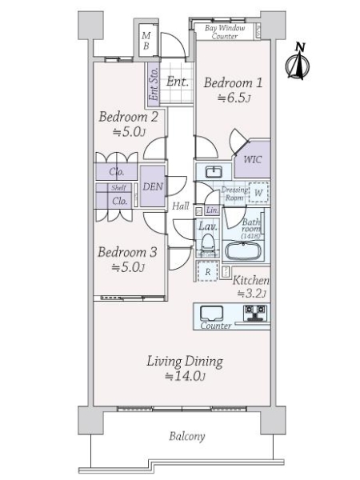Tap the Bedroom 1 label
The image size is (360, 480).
point(232,82)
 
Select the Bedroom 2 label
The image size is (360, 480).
point(127,117)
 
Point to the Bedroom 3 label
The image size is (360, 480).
point(127,252)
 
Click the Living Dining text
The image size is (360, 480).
point(184,361)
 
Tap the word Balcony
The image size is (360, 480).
point(186,437)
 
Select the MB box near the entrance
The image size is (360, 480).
point(146,41)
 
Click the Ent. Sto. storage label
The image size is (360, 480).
point(153,85)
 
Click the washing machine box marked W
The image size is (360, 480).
point(258,194)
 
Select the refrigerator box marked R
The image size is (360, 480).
point(209,272)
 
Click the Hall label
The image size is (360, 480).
point(181,206)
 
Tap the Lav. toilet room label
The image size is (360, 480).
point(206,227)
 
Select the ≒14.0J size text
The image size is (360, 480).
point(185,377)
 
